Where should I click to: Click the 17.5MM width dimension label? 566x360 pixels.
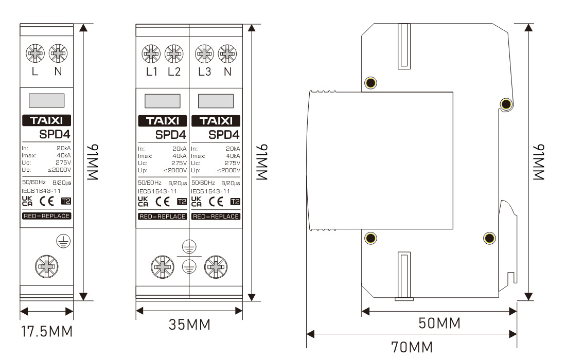(47, 332)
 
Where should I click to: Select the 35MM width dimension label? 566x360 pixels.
(189, 325)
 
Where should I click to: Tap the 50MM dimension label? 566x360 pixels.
(439, 323)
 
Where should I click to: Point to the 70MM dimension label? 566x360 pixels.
(412, 347)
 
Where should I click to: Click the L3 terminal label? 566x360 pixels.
(205, 72)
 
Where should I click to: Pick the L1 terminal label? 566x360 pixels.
(152, 72)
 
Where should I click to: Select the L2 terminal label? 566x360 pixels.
(174, 72)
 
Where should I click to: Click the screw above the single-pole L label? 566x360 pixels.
(35, 53)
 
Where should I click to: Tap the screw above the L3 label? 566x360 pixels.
(204, 54)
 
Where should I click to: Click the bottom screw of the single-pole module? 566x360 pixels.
(46, 266)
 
